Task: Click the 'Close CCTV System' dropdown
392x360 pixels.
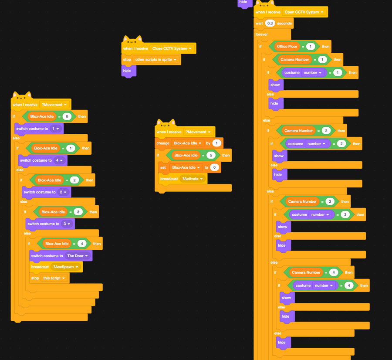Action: pyautogui.click(x=172, y=49)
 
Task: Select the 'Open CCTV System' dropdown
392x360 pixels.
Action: pyautogui.click(x=304, y=12)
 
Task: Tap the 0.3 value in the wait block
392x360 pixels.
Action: pyautogui.click(x=270, y=24)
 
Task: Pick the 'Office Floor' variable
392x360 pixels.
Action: pyautogui.click(x=287, y=47)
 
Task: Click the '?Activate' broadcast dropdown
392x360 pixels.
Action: pyautogui.click(x=192, y=179)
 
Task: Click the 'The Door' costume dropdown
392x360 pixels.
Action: pyautogui.click(x=78, y=256)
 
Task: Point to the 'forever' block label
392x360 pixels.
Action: pyautogui.click(x=262, y=34)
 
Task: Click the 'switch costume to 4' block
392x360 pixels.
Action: pyautogui.click(x=35, y=160)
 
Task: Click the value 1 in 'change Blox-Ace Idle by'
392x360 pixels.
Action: pyautogui.click(x=216, y=143)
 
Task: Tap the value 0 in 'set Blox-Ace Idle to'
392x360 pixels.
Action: pyautogui.click(x=214, y=167)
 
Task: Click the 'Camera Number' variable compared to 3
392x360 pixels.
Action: pyautogui.click(x=302, y=202)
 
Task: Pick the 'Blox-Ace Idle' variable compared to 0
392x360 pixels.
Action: pyautogui.click(x=42, y=117)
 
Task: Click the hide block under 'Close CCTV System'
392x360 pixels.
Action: pyautogui.click(x=127, y=71)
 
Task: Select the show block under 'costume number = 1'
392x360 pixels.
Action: pyautogui.click(x=275, y=85)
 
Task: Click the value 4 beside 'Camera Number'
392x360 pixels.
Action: pyautogui.click(x=334, y=273)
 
